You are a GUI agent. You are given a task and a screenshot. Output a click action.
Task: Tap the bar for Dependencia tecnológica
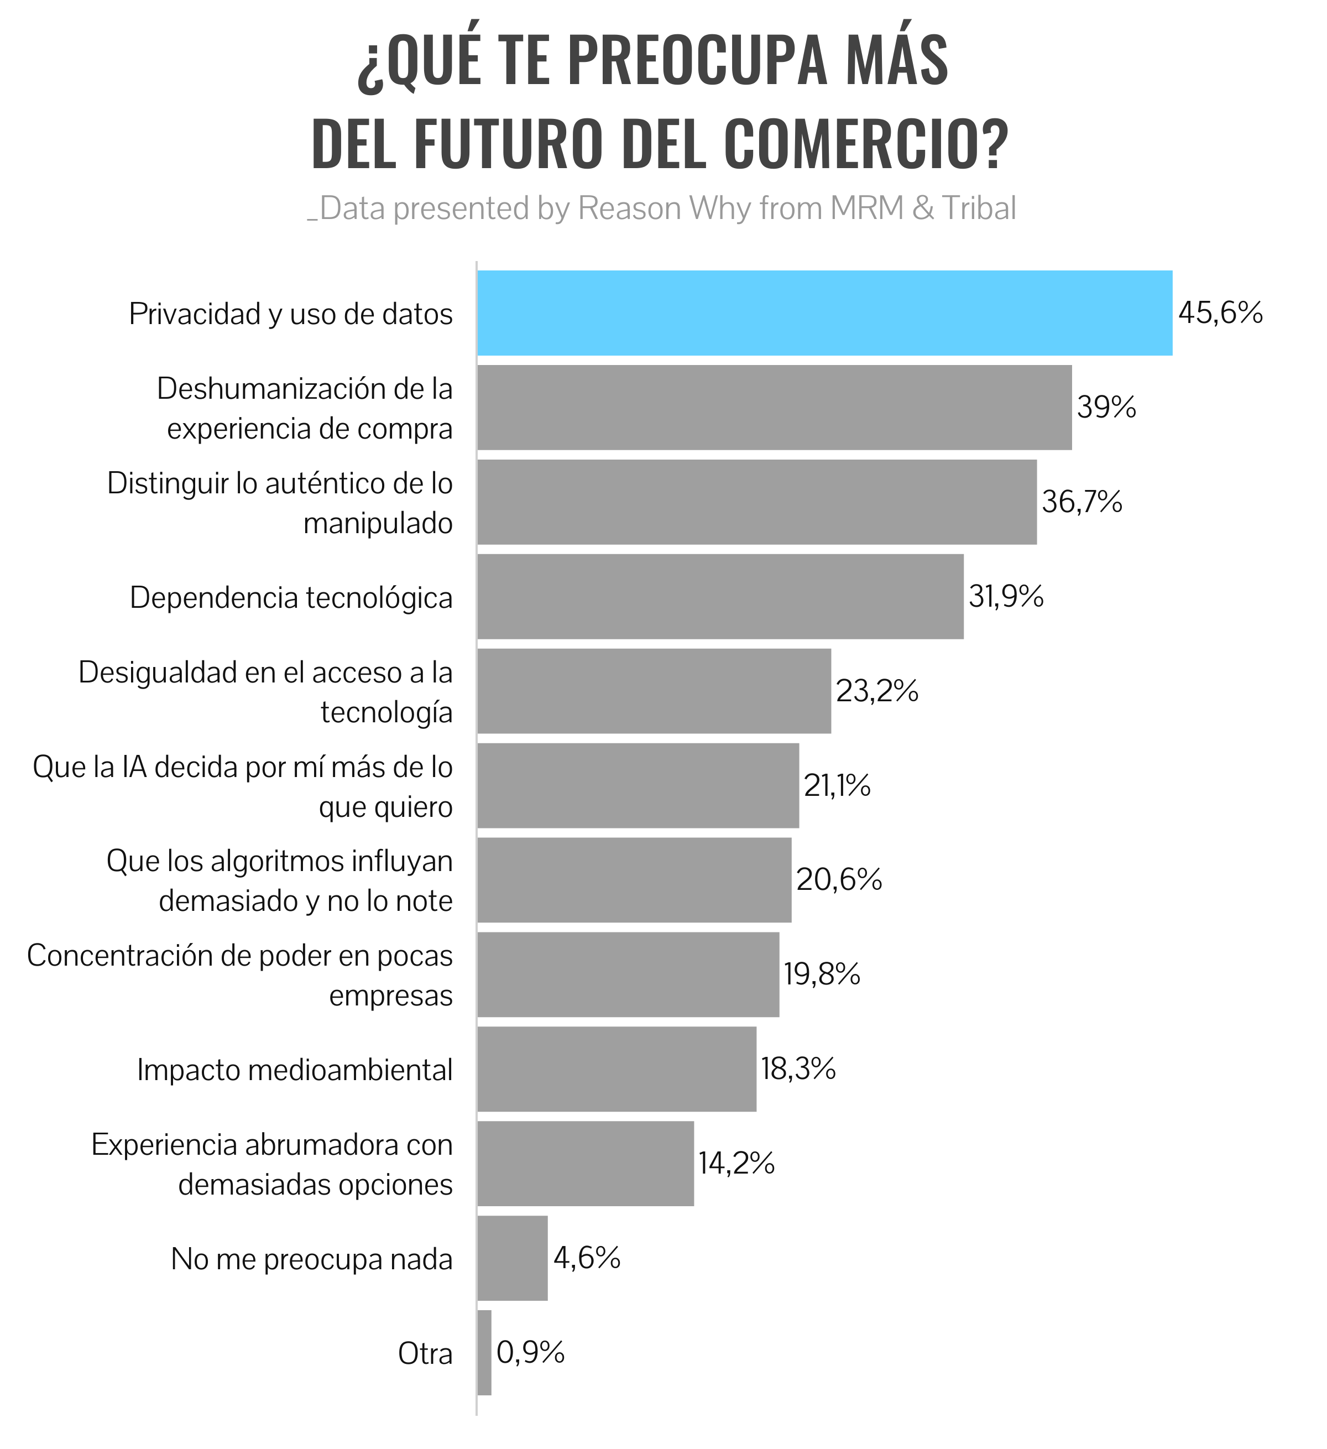(x=720, y=597)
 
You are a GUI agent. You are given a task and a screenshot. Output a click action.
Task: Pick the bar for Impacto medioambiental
(x=617, y=1069)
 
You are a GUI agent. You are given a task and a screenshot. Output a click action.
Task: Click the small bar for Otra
(x=484, y=1353)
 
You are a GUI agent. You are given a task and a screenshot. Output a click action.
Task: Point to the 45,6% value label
(x=1220, y=314)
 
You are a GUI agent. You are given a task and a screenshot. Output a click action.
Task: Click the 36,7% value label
(x=1082, y=502)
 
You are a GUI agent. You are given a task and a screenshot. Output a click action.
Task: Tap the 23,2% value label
(x=876, y=691)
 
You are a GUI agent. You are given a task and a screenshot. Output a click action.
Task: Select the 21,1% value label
(x=837, y=785)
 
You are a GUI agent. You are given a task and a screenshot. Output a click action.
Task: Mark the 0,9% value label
(x=530, y=1353)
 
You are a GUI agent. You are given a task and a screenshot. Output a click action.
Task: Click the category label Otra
(x=425, y=1354)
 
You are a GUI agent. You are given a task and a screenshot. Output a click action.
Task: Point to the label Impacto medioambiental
(x=295, y=1070)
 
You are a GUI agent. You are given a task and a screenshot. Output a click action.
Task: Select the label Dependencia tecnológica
(x=291, y=597)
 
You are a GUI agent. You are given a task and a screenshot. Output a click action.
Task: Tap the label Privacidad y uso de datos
(x=291, y=314)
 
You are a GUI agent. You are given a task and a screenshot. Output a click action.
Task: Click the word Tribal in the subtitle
(x=979, y=209)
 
